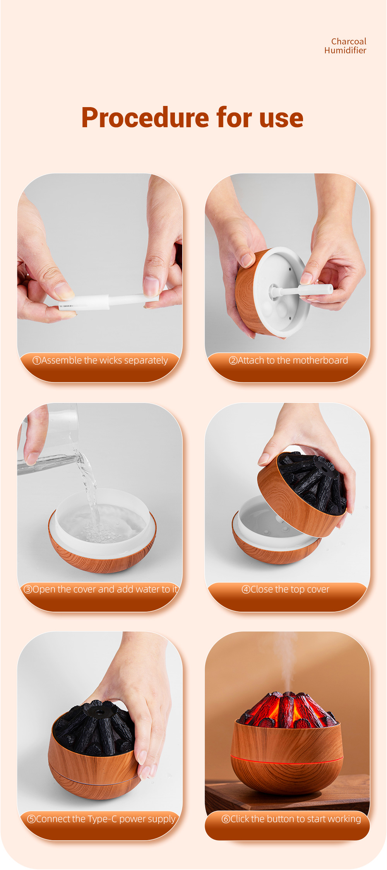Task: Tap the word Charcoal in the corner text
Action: coord(349,41)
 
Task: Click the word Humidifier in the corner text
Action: coord(345,50)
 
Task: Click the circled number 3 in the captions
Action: coord(28,589)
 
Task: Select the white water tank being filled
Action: coord(103,520)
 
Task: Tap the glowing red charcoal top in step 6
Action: coord(287,709)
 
